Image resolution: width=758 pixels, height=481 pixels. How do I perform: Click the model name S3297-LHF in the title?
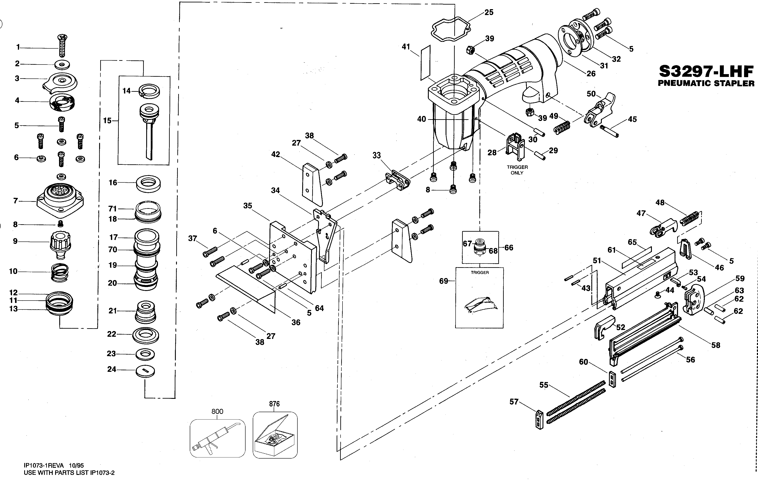pyautogui.click(x=706, y=72)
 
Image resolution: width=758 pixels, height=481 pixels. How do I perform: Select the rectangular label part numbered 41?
pyautogui.click(x=425, y=63)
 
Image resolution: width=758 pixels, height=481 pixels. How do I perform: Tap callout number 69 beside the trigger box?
pyautogui.click(x=444, y=281)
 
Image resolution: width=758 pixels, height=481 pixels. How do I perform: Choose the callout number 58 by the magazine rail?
pyautogui.click(x=716, y=345)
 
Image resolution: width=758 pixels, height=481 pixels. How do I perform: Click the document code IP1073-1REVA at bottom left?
pyautogui.click(x=44, y=466)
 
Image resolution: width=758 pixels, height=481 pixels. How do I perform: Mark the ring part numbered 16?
pyautogui.click(x=148, y=184)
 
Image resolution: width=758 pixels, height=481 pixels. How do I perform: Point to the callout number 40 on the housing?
pyautogui.click(x=422, y=119)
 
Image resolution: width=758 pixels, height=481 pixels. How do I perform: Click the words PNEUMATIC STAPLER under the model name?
pyautogui.click(x=706, y=83)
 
